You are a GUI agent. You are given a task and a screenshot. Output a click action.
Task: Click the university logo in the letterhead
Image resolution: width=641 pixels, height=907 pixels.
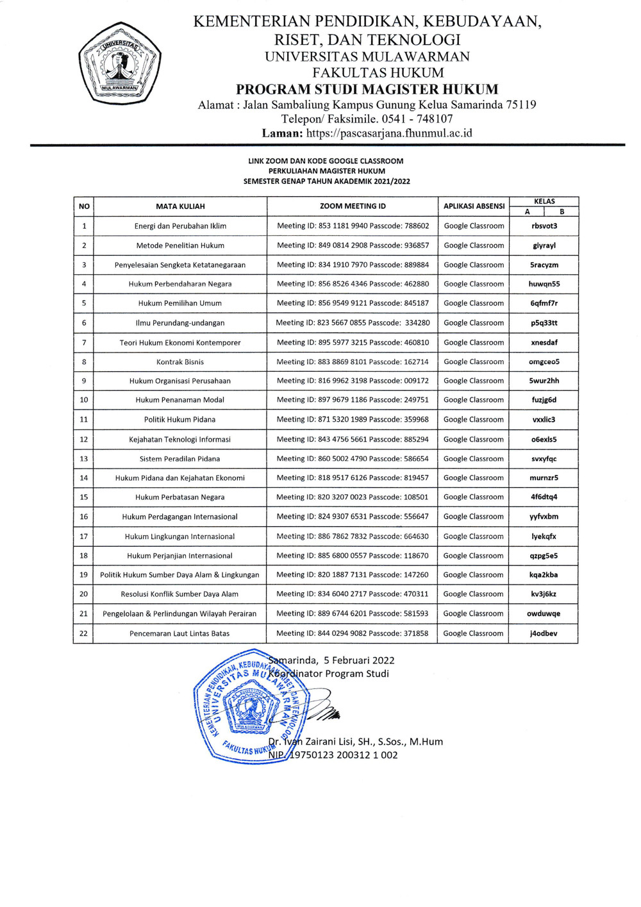pos(119,64)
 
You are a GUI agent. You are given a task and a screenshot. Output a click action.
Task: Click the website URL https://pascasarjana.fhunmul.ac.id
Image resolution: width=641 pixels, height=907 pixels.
pos(388,133)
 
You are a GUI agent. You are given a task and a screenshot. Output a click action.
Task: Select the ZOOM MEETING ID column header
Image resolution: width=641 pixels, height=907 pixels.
pos(353,206)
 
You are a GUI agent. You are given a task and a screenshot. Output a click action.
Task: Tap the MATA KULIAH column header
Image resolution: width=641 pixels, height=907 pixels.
pos(180,206)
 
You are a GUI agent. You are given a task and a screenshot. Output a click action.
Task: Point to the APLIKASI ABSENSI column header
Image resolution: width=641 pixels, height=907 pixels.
pos(474,206)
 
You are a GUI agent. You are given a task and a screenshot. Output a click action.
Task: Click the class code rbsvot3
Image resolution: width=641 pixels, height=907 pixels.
pos(544,226)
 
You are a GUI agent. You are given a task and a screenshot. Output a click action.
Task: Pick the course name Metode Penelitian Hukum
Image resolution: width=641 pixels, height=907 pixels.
pos(180,245)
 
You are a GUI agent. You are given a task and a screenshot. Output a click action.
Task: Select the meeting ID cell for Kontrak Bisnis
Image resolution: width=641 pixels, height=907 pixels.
pos(353,362)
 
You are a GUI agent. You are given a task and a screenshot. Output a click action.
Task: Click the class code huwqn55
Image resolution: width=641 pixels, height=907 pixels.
pos(544,284)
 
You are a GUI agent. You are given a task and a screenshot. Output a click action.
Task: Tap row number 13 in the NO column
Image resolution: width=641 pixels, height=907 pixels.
pos(84,459)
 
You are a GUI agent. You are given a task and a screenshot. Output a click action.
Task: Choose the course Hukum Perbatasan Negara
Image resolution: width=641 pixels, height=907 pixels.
pos(180,497)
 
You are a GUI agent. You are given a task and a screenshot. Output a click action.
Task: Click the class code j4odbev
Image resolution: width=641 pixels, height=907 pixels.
pos(544,633)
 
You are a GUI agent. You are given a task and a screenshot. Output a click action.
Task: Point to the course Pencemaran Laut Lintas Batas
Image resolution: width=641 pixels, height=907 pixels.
pos(179,633)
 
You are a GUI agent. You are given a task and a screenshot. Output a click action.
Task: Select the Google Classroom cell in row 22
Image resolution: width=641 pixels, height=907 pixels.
pos(473,633)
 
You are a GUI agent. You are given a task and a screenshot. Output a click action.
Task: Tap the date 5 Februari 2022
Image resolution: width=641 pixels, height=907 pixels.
pos(359,660)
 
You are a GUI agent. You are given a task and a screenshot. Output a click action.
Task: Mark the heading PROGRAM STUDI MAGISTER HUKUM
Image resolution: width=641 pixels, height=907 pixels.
pos(367,89)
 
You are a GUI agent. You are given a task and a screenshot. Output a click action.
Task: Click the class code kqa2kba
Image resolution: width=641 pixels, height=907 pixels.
pos(544,575)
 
